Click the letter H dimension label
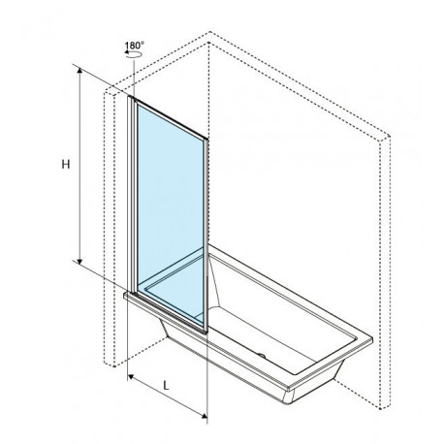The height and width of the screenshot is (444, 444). tap(66, 165)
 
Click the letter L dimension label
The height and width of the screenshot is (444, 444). tap(166, 385)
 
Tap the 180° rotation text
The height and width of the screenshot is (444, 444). tap(134, 46)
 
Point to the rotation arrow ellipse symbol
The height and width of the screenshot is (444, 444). tap(134, 54)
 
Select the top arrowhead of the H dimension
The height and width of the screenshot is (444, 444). tap(79, 72)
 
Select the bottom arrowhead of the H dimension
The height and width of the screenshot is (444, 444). tap(79, 260)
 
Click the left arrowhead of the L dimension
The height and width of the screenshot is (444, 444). tap(132, 376)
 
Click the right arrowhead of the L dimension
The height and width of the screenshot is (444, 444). tap(204, 416)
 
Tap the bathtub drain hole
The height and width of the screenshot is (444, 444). tap(263, 356)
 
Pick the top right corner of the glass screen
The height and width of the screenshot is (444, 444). tap(206, 140)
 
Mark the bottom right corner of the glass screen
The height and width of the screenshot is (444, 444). tap(206, 332)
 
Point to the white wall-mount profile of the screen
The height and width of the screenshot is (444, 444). tap(131, 195)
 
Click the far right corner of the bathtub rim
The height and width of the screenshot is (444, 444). tap(372, 339)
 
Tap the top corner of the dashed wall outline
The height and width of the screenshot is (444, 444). tap(209, 32)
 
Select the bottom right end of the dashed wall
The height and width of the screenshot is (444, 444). tap(382, 408)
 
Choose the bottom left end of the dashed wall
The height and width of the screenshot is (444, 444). tap(114, 366)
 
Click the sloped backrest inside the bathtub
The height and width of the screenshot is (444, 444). tap(214, 280)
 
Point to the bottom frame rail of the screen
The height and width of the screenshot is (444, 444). tap(171, 313)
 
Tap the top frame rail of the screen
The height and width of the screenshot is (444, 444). tap(170, 119)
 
